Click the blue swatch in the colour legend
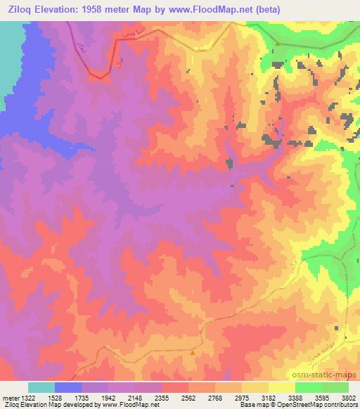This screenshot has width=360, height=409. pos(68,387)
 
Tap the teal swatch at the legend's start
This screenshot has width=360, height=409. pos(41,387)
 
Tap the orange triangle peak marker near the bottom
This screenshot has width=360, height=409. pos(193,353)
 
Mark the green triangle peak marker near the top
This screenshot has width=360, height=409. pos(278,44)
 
